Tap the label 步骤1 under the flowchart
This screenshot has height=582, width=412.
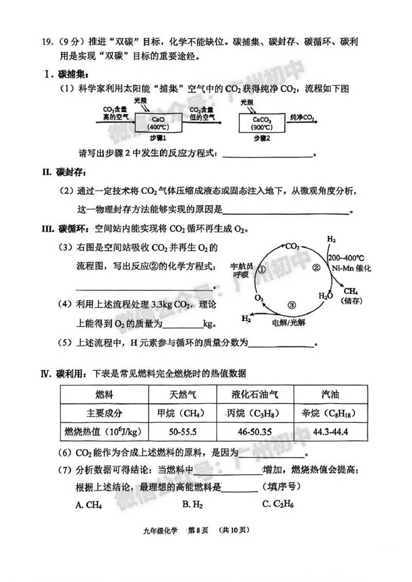[x=158, y=139]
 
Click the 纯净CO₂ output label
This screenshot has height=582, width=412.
[x=303, y=118]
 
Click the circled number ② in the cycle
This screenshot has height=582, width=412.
[x=317, y=267]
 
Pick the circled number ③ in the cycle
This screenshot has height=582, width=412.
[x=292, y=304]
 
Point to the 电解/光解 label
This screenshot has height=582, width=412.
[x=289, y=322]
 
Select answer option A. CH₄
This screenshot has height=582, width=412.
[x=89, y=505]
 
